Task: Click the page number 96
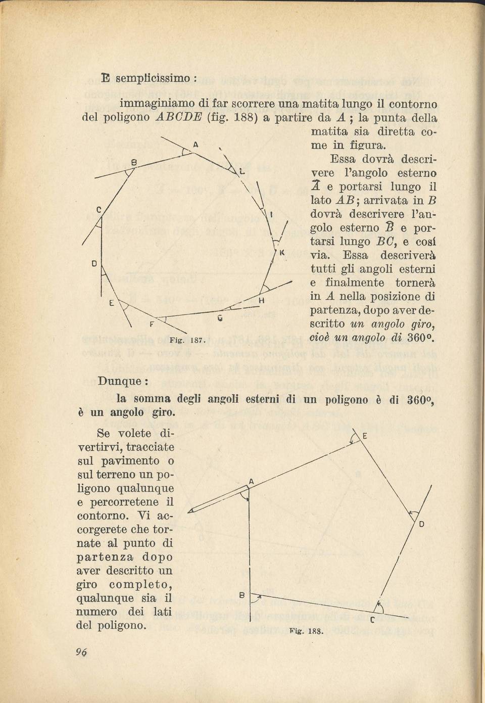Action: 81,652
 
